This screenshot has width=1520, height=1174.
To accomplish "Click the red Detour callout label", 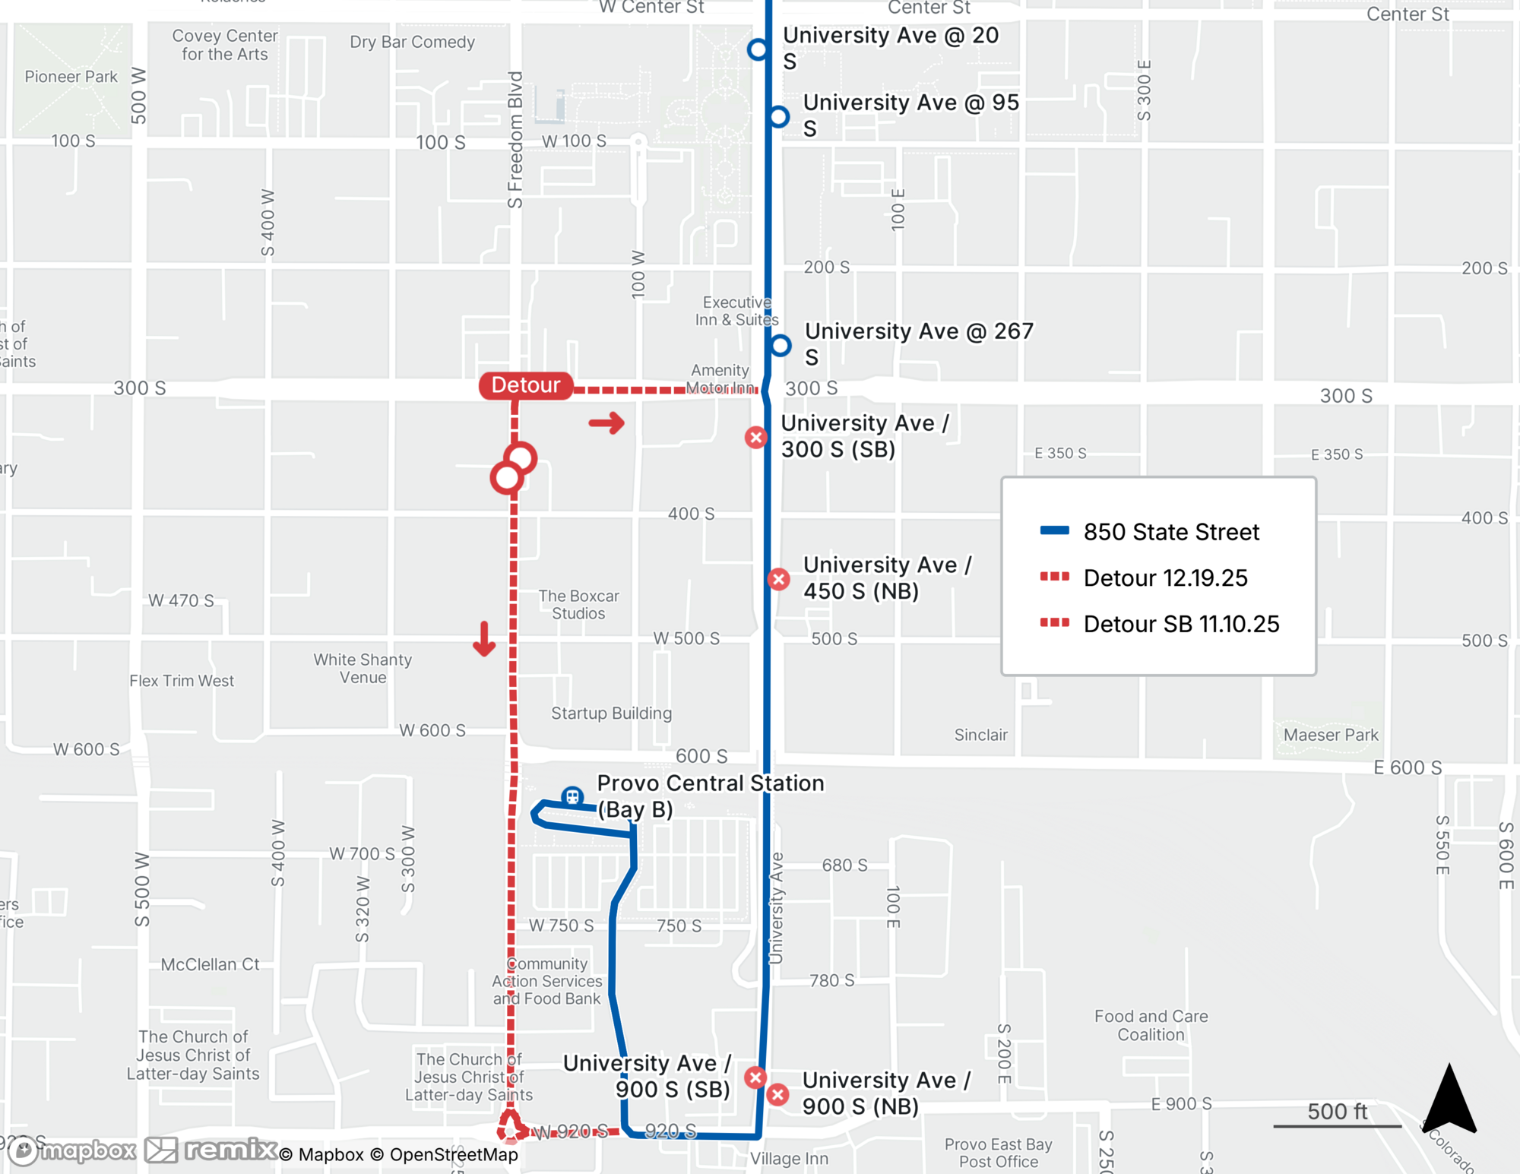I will tap(526, 385).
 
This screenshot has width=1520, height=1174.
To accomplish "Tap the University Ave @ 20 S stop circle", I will tap(758, 49).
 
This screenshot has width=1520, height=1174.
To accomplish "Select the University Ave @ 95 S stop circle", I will tap(779, 117).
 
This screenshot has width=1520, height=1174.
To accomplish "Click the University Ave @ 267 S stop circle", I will tap(781, 346).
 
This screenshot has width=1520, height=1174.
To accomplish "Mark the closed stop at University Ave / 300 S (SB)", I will tap(755, 437).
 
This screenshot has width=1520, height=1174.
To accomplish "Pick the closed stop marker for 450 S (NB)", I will tap(778, 579).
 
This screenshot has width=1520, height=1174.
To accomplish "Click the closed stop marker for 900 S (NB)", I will tap(777, 1094).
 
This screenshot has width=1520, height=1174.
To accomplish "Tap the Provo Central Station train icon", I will tap(572, 796).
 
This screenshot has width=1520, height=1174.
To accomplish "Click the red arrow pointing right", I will tap(606, 423).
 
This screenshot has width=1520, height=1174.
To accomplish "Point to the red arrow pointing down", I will tap(484, 638).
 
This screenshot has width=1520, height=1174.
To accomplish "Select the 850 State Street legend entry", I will tap(1170, 532).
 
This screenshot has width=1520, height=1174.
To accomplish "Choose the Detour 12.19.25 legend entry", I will tap(1164, 578).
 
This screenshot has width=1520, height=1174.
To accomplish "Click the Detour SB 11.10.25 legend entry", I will tap(1180, 624).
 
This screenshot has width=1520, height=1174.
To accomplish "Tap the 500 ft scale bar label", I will tap(1337, 1111).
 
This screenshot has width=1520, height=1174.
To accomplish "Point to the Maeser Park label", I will tap(1331, 735).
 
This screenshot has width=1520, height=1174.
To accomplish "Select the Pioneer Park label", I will tap(71, 77).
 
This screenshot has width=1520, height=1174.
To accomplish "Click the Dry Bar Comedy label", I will tap(412, 43).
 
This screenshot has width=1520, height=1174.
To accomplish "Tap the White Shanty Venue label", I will tap(363, 669).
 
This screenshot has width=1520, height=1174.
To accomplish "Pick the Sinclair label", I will tap(980, 735).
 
